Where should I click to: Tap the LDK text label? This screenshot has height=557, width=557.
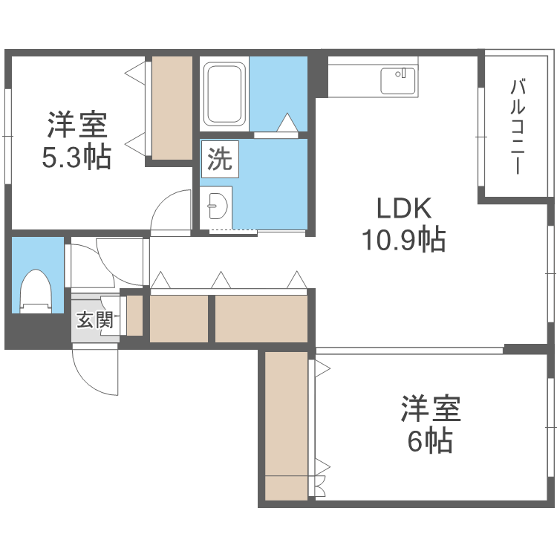point(404,209)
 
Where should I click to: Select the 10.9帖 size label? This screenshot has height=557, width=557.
point(404,239)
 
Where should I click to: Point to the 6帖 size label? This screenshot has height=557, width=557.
point(430,442)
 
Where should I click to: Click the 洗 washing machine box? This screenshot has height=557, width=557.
point(219,159)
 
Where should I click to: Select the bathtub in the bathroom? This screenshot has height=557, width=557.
point(226,94)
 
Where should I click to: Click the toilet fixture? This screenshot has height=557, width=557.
point(34,290)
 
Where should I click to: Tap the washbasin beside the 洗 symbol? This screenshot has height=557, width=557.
point(217,204)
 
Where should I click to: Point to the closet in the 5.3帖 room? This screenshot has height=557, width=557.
point(172,107)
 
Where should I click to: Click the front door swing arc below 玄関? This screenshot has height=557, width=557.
point(95,371)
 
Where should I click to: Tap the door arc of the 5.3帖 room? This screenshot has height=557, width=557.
point(172,212)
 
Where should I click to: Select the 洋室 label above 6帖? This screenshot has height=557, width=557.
point(431,408)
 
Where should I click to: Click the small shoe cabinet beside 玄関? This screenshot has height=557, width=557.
point(134,316)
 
